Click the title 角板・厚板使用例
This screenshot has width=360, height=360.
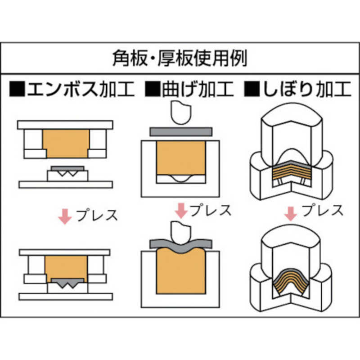click(x=180, y=58)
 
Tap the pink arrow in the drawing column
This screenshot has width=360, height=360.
click(x=292, y=212)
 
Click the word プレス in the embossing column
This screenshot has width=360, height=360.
click(x=97, y=215)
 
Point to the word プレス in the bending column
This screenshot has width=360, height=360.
click(x=210, y=209)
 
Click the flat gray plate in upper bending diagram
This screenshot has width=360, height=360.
click(x=180, y=132)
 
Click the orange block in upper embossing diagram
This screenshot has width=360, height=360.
click(x=66, y=144)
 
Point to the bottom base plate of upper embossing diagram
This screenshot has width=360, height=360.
click(x=66, y=184)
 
